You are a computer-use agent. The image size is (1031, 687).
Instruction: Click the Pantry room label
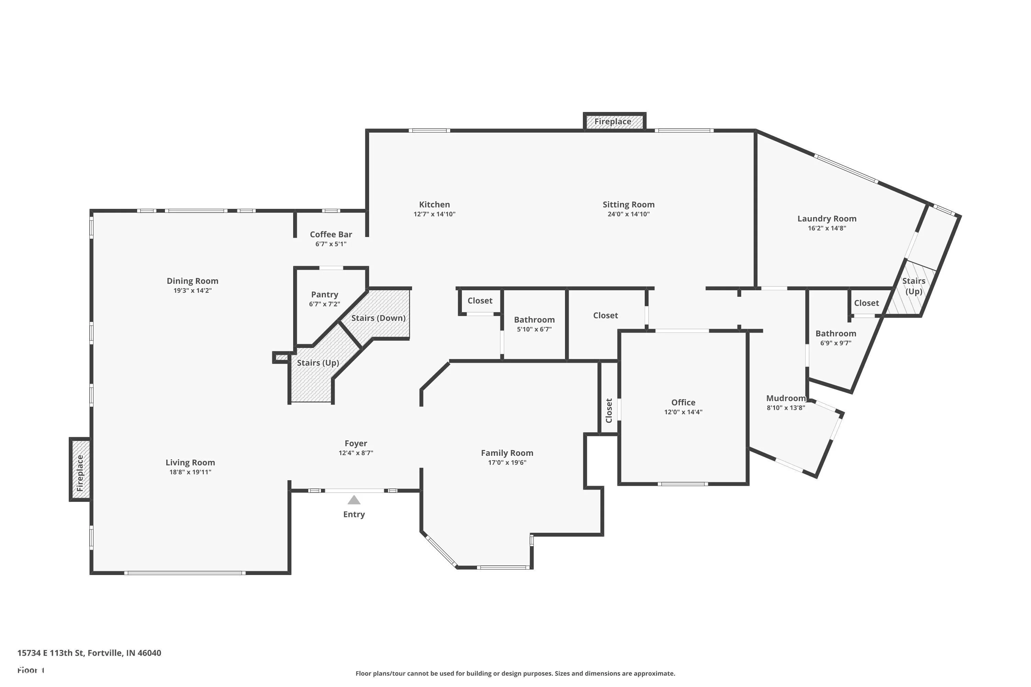click(324, 294)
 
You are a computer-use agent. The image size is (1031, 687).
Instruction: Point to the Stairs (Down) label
click(378, 318)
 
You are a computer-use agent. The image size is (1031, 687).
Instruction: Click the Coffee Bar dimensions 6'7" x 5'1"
click(331, 244)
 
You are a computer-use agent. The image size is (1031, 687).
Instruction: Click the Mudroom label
click(786, 398)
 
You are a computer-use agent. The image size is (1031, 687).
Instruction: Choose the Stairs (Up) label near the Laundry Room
click(913, 286)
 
